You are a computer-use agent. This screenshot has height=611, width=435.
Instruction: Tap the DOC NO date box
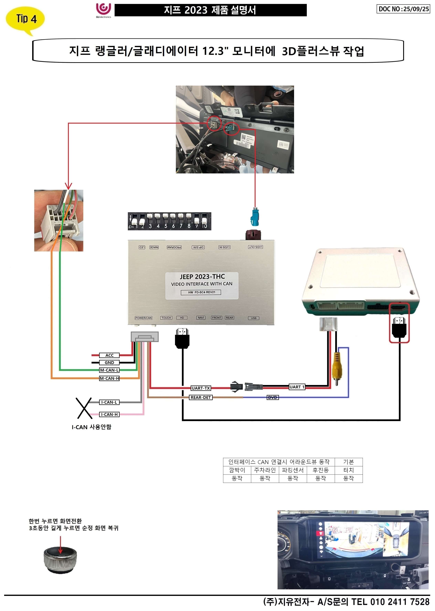tap(403, 9)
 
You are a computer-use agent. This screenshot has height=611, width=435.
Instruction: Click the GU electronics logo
tap(103, 10)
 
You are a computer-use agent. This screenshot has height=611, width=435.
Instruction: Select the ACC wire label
tap(109, 355)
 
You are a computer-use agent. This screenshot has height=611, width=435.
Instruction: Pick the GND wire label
tap(109, 362)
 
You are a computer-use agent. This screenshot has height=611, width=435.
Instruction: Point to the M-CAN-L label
tap(109, 370)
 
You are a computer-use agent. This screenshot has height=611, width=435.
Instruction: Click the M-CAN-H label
tap(109, 378)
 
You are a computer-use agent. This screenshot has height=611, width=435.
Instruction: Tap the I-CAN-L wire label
tap(109, 402)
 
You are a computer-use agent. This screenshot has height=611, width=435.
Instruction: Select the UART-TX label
tap(201, 388)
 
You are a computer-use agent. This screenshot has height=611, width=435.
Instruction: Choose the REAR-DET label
tap(201, 397)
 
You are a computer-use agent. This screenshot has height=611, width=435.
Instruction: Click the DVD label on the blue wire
tap(272, 397)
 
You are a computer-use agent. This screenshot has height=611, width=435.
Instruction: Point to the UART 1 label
tap(297, 387)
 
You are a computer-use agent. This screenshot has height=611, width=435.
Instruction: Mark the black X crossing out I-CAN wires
tap(84, 408)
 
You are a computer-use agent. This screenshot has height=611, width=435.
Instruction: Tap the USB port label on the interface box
tap(254, 318)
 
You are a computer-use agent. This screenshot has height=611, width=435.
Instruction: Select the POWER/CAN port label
tap(144, 318)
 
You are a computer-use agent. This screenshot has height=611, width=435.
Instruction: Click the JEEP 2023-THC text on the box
tap(202, 276)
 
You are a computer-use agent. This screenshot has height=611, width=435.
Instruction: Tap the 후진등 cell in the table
tap(320, 470)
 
